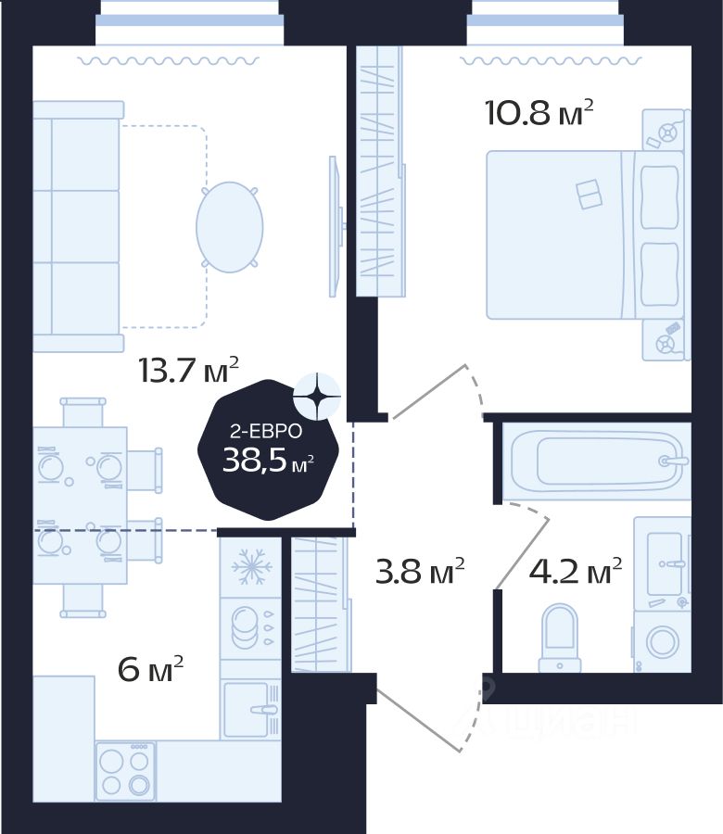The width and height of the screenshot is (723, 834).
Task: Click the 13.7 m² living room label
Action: click(188, 371)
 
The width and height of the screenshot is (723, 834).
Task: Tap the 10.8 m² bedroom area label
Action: click(539, 114)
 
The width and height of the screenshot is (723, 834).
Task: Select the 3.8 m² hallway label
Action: click(419, 573)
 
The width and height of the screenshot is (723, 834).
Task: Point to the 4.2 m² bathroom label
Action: click(575, 573)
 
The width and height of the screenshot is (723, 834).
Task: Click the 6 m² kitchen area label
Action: click(151, 668)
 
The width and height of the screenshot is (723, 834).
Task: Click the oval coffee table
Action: click(229, 227)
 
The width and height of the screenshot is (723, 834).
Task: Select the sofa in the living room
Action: click(78, 227)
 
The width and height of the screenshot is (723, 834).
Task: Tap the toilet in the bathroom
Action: click(559, 636)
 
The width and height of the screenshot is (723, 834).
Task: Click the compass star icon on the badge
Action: click(316, 397)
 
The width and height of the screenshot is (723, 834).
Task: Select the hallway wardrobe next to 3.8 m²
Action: click(320, 604)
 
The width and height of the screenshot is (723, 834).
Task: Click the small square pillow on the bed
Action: click(589, 195)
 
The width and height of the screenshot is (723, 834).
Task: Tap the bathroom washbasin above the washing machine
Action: click(664, 563)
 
